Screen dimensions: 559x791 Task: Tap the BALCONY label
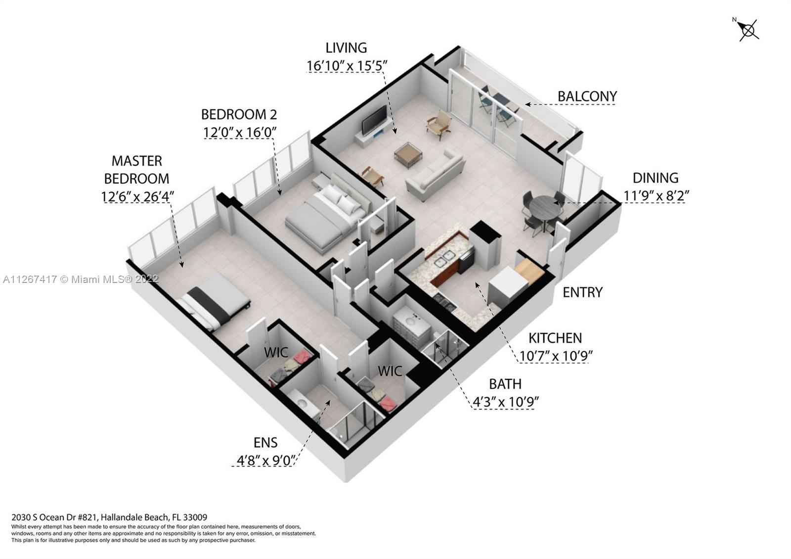click(x=587, y=96)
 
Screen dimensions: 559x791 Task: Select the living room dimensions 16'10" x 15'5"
click(x=346, y=65)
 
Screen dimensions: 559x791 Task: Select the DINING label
click(x=656, y=178)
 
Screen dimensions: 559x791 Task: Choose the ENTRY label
click(x=582, y=292)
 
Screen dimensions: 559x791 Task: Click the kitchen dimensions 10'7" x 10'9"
click(x=556, y=356)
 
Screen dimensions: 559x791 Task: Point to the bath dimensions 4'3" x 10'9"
click(x=505, y=402)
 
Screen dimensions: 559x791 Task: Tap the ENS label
click(x=265, y=442)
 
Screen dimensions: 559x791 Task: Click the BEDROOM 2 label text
click(x=239, y=114)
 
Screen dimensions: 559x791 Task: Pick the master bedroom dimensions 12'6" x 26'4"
click(x=137, y=196)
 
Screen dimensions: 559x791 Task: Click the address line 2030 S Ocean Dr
click(x=109, y=518)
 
